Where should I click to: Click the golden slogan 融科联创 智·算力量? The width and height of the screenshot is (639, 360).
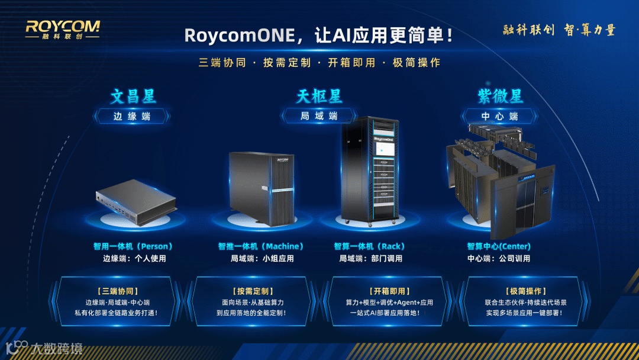click(x=559, y=30)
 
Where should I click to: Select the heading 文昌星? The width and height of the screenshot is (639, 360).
click(x=133, y=96)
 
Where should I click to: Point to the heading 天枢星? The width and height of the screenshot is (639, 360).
click(x=319, y=96)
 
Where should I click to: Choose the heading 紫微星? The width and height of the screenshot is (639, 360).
click(x=500, y=96)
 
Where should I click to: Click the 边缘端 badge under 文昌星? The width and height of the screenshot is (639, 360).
click(x=132, y=116)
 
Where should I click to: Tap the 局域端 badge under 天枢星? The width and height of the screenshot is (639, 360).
click(x=319, y=116)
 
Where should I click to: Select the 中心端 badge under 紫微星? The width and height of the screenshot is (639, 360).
click(x=500, y=116)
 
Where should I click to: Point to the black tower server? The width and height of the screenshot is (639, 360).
click(x=262, y=188)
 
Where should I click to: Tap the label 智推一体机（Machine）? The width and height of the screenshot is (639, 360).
click(x=261, y=246)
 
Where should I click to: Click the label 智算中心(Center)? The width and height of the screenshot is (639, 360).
click(x=499, y=246)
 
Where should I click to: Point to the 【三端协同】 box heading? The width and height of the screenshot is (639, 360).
click(x=117, y=291)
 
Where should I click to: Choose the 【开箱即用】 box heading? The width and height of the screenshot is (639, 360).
click(x=389, y=291)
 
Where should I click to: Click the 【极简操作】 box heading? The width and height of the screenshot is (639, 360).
click(x=524, y=291)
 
